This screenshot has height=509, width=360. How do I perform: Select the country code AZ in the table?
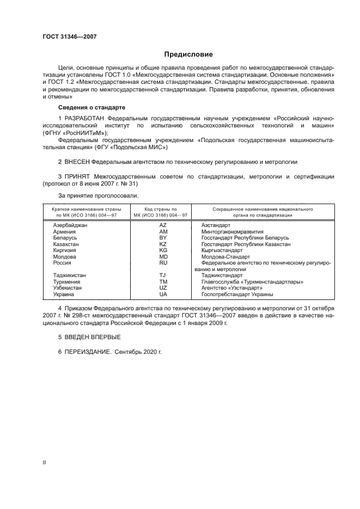(x=162, y=225)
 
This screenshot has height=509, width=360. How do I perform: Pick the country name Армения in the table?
(x=64, y=231)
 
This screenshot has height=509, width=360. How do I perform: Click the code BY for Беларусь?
(x=162, y=238)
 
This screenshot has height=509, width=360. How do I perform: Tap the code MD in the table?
(x=162, y=256)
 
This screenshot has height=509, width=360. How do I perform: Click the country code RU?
(x=162, y=263)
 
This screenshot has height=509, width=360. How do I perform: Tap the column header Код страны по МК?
(x=162, y=212)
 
